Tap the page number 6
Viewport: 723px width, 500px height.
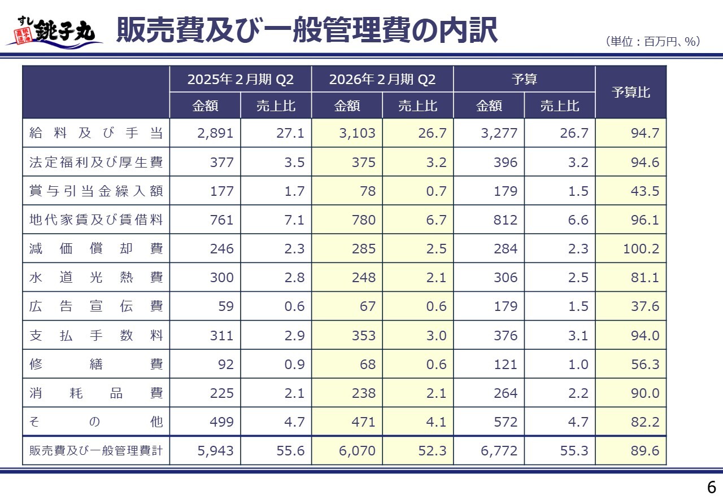pos(711,487)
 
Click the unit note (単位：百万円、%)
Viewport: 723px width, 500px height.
pos(652,41)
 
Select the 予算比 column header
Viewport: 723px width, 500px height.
pos(631,92)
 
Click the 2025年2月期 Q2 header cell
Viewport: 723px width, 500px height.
pos(240,79)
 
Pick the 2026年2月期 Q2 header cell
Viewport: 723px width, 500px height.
pos(382,79)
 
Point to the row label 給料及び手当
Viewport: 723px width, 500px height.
pos(96,134)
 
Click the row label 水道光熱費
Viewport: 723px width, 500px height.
pos(96,278)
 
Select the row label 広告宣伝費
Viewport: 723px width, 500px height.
pos(96,306)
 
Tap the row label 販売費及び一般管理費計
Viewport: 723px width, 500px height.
pos(96,451)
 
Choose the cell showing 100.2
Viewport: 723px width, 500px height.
pos(641,249)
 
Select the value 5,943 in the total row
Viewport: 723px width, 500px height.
pos(216,451)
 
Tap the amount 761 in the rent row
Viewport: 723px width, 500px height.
pos(221,220)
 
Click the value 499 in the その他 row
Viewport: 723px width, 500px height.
pos(221,422)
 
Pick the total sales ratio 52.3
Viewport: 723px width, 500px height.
pos(434,451)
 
